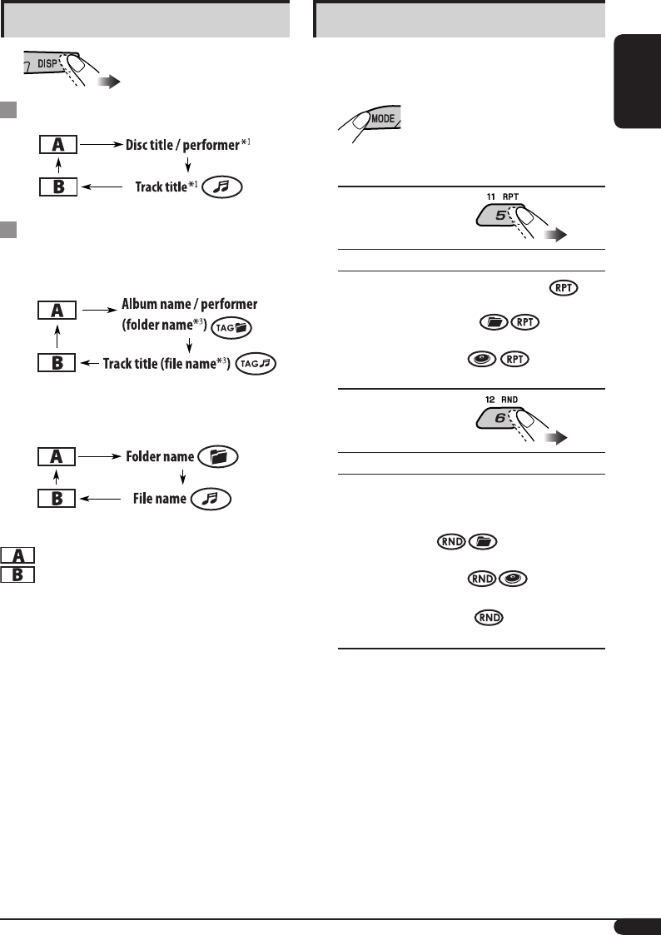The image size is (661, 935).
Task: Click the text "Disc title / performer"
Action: point(181,145)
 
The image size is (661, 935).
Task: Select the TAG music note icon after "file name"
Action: point(256,363)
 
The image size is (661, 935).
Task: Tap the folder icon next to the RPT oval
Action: point(495,323)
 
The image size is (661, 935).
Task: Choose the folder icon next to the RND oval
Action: point(483,541)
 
